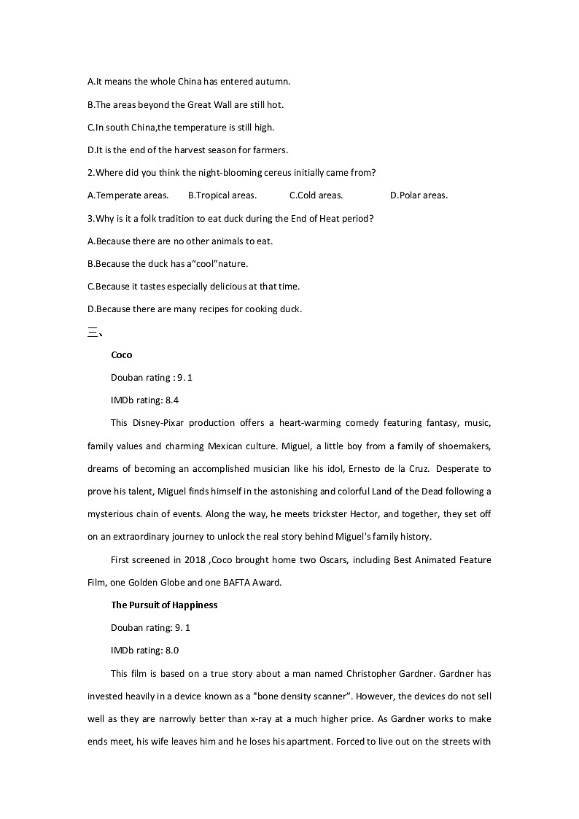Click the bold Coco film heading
[122, 355]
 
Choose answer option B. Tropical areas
[222, 195]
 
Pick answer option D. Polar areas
[419, 195]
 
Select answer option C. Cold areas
[316, 195]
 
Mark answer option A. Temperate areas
[128, 195]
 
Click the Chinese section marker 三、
[96, 333]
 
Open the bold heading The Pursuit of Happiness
[164, 605]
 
